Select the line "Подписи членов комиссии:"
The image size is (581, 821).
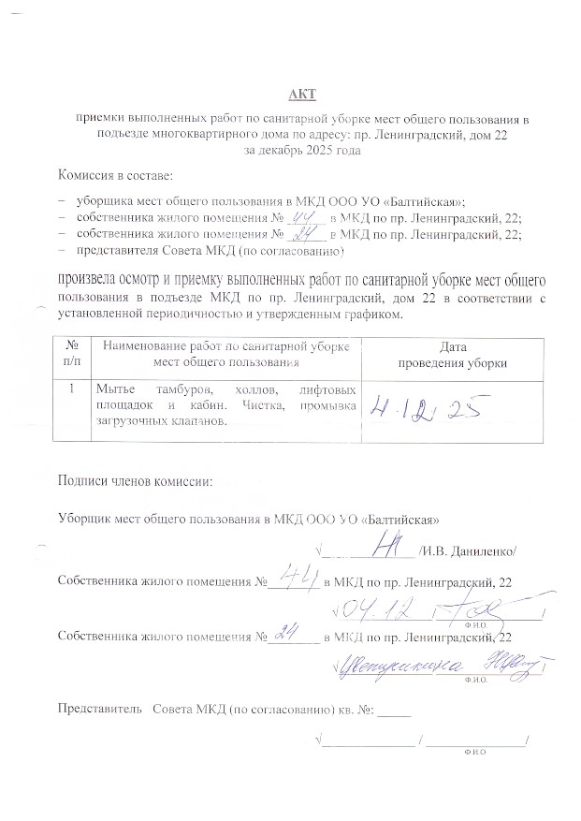pos(136,481)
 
